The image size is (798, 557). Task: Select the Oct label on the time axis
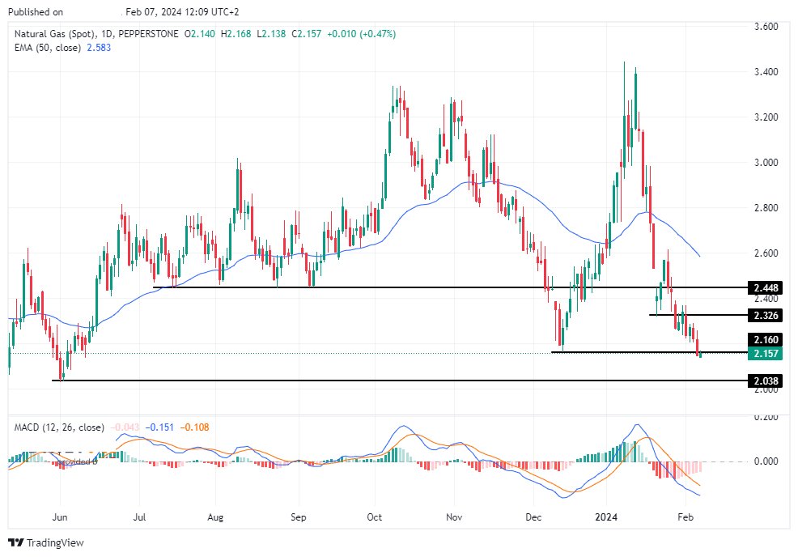tap(375, 515)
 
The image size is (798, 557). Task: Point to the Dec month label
tap(533, 515)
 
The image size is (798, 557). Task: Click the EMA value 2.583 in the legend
tap(100, 48)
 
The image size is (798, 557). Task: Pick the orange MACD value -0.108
tap(195, 427)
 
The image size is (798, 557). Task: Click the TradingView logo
tap(46, 542)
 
